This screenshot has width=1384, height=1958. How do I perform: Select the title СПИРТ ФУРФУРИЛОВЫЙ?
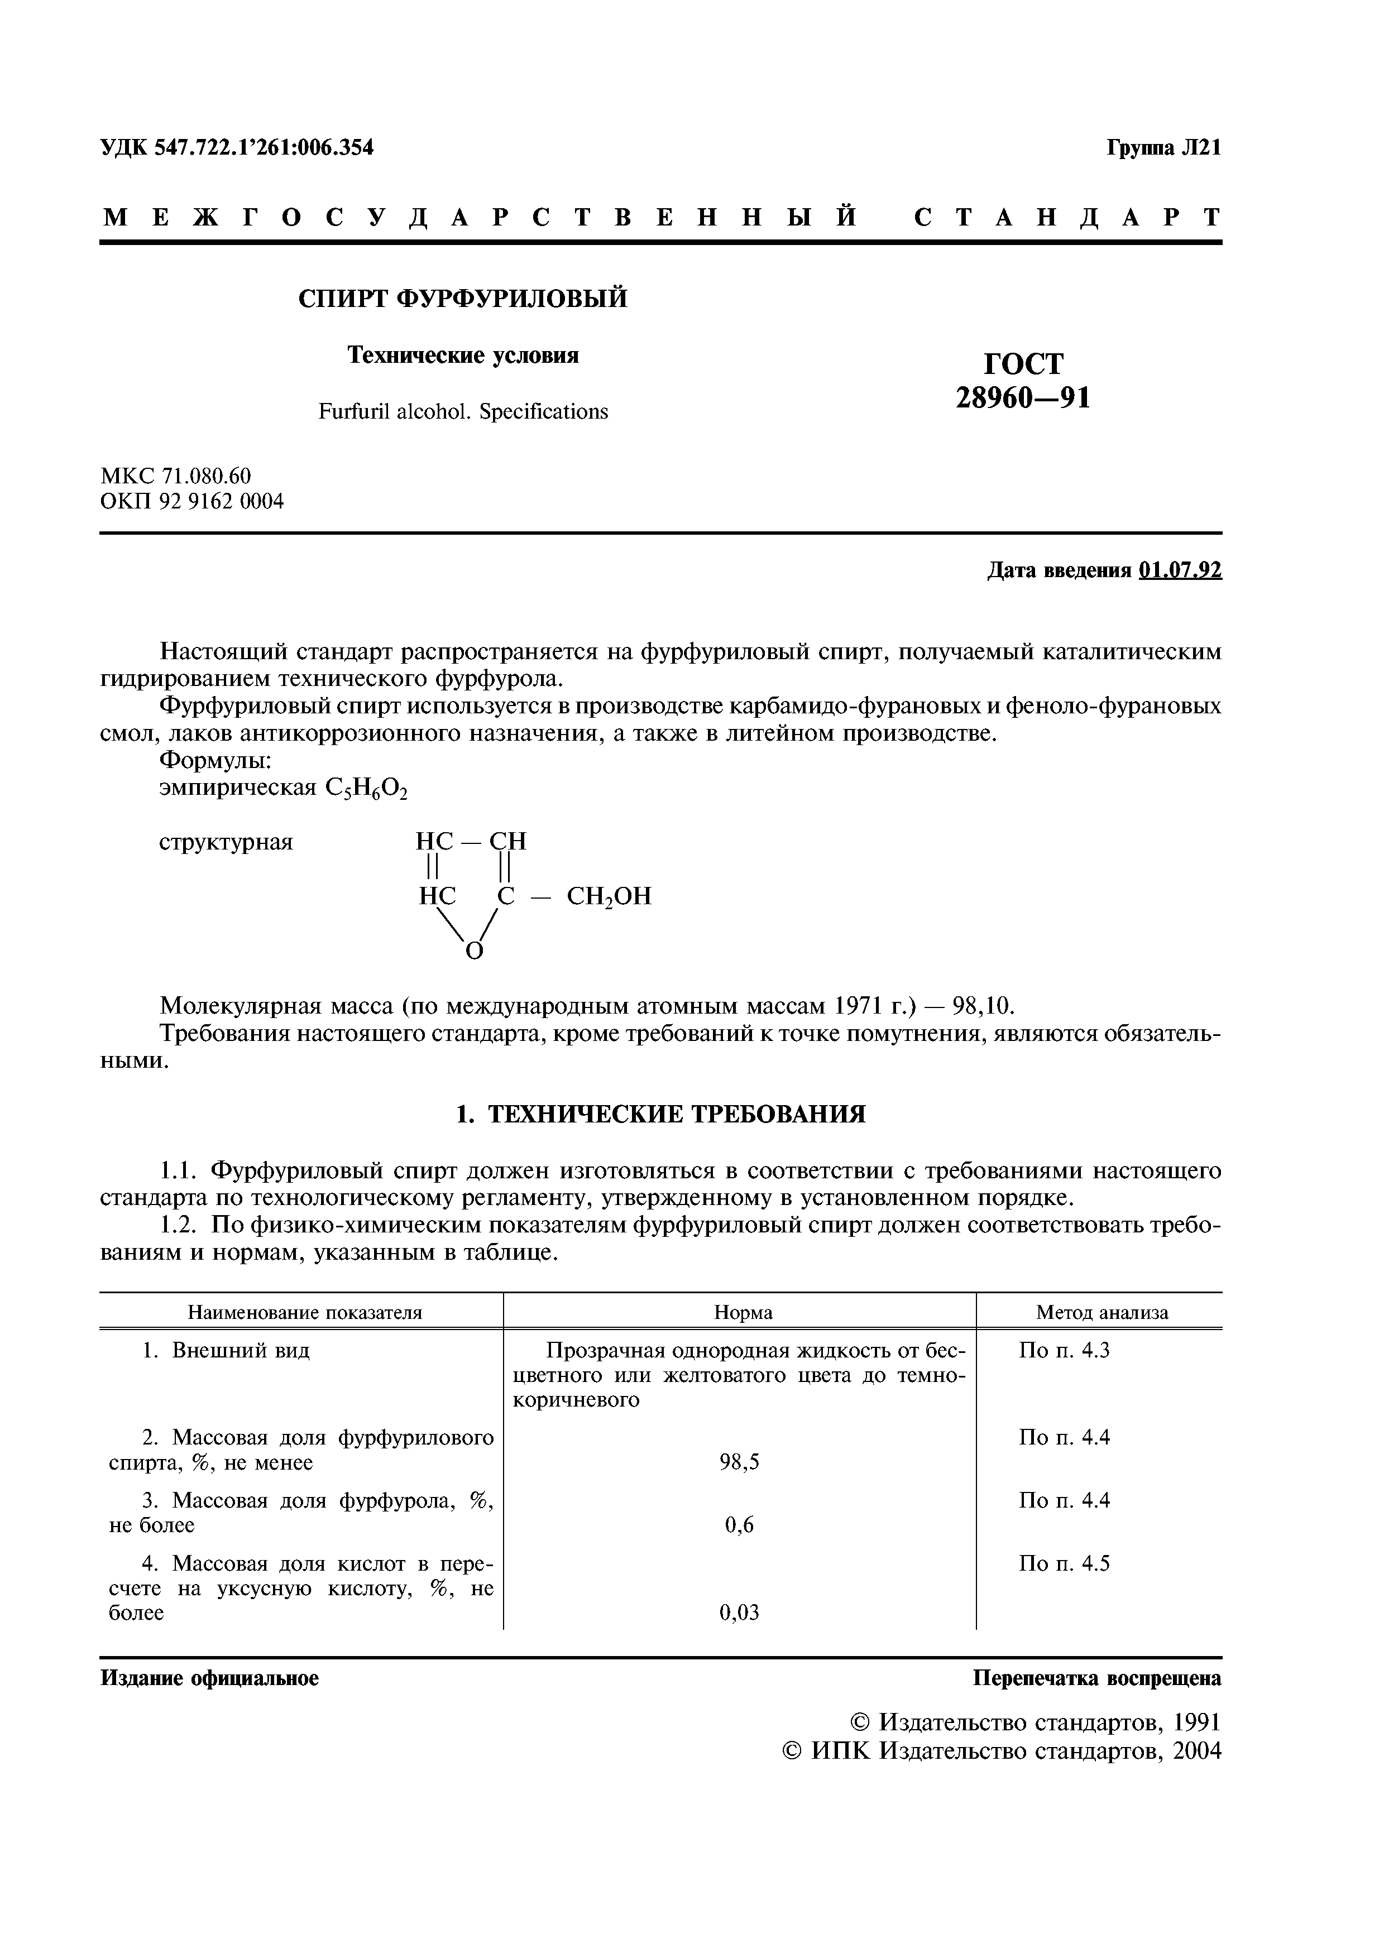(x=462, y=299)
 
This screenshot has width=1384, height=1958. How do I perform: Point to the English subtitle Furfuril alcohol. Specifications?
(x=463, y=412)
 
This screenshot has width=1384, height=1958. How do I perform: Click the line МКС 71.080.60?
(x=176, y=476)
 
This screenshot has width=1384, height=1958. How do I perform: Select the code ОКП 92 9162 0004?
(x=192, y=501)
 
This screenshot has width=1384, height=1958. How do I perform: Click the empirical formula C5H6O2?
(x=367, y=789)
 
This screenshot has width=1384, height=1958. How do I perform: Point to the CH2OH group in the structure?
(x=609, y=896)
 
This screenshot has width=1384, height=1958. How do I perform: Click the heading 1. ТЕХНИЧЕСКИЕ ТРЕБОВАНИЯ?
(x=661, y=1114)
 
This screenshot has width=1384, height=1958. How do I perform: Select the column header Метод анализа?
(x=1102, y=1312)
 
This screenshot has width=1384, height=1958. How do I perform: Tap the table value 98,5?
(x=739, y=1462)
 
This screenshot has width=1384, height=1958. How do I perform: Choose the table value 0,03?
(x=739, y=1612)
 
